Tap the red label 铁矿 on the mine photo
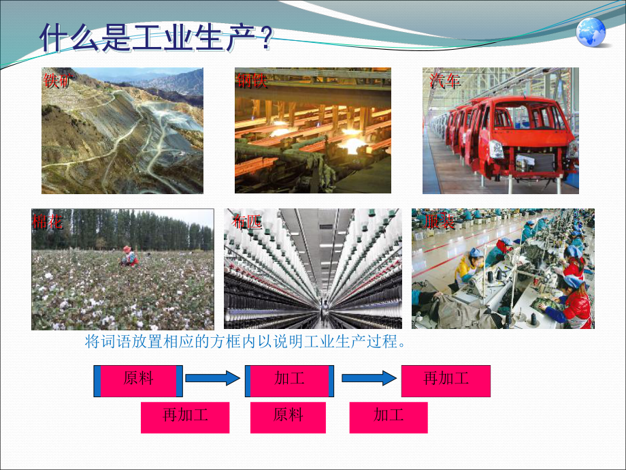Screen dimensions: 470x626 [x=57, y=81]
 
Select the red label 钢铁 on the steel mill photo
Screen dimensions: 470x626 [x=252, y=82]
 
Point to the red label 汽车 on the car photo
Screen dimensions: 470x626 [x=445, y=81]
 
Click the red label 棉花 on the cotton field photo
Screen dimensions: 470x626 [x=48, y=221]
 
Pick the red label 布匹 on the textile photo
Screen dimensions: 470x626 [x=246, y=221]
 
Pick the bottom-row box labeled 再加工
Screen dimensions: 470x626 [x=185, y=418]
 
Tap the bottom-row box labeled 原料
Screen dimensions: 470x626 [x=289, y=418]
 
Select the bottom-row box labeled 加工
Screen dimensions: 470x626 [x=389, y=418]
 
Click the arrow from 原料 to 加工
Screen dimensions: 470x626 [x=213, y=378]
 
